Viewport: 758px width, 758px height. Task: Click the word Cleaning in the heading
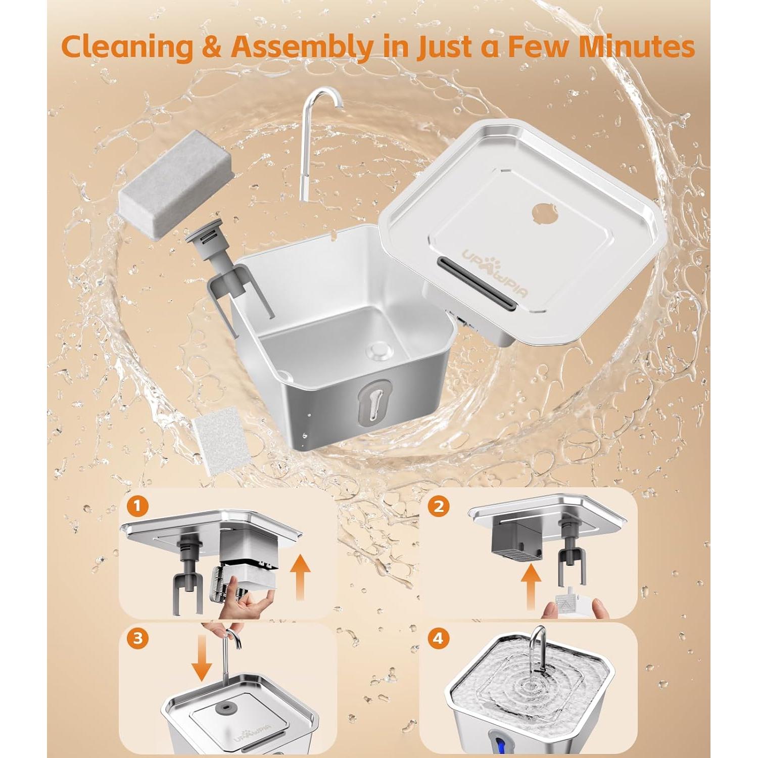pyautogui.click(x=127, y=48)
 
